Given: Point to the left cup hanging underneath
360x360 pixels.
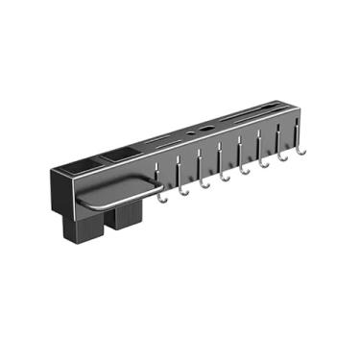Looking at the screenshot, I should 83,226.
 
